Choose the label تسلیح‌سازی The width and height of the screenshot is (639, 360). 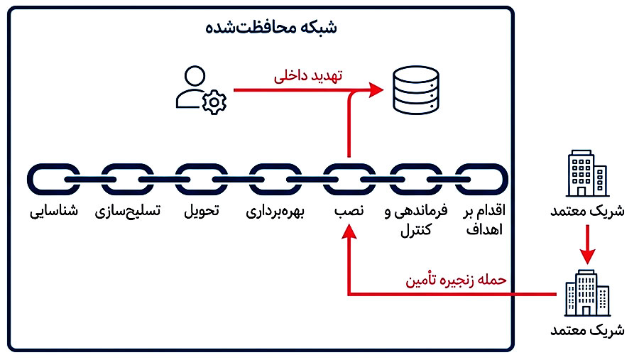128,212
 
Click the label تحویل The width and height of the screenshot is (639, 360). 202,212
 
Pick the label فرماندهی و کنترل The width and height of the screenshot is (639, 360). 415,219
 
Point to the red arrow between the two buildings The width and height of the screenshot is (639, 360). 587,244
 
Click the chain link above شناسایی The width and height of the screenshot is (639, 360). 54,180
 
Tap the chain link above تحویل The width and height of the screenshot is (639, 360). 202,180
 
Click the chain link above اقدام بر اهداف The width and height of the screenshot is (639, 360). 482,180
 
